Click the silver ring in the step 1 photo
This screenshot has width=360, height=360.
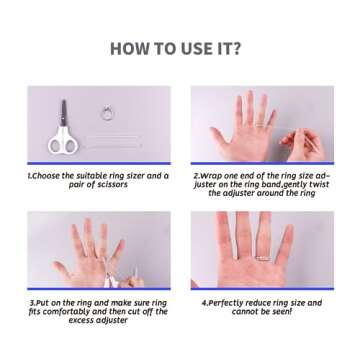108,114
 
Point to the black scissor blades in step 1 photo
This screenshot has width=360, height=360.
63,112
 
